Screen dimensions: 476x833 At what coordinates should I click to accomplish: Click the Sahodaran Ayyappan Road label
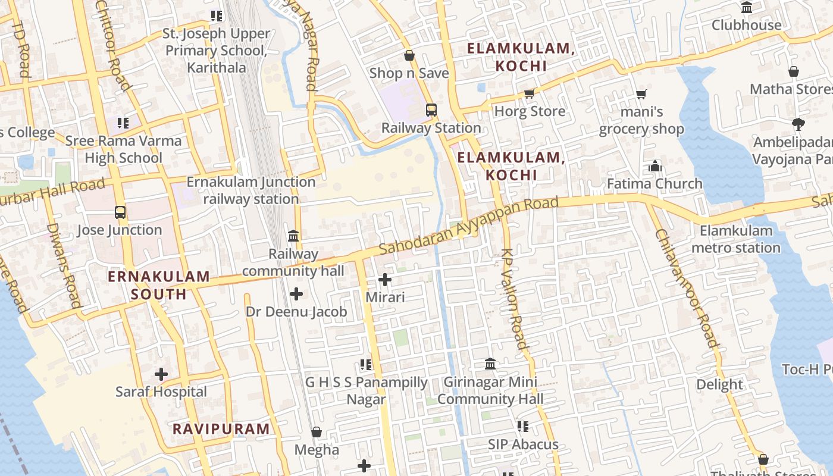[468, 226]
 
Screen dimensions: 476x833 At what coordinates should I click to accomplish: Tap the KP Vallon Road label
[514, 299]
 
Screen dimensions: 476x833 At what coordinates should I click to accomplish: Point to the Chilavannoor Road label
[687, 288]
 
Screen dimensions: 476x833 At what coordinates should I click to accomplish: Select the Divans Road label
[63, 265]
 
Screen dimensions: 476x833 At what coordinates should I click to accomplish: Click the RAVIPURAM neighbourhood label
[221, 429]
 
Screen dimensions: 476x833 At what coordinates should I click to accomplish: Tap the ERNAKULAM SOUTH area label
[159, 285]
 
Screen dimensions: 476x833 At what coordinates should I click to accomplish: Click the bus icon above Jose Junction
[120, 212]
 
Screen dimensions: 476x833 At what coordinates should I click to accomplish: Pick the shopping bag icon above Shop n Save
[409, 56]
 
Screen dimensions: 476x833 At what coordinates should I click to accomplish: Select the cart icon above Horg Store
[529, 94]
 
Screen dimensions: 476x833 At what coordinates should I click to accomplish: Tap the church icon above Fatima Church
[655, 166]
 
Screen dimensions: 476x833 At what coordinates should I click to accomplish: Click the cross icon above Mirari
[385, 279]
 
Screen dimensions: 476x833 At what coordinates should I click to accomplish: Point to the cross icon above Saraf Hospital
[161, 374]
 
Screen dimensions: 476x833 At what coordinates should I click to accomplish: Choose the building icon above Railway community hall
[293, 236]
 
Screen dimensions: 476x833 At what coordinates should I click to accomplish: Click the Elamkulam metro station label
[737, 239]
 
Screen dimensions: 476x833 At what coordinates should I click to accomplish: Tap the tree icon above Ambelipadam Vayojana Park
[798, 124]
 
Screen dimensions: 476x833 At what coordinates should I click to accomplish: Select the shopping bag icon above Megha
[317, 432]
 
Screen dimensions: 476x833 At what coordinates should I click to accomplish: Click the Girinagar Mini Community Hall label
[487, 390]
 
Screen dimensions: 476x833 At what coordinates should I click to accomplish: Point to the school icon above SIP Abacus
[523, 427]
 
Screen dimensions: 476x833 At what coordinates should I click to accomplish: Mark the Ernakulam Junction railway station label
[251, 190]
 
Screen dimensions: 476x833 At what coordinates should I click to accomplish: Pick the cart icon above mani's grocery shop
[641, 94]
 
